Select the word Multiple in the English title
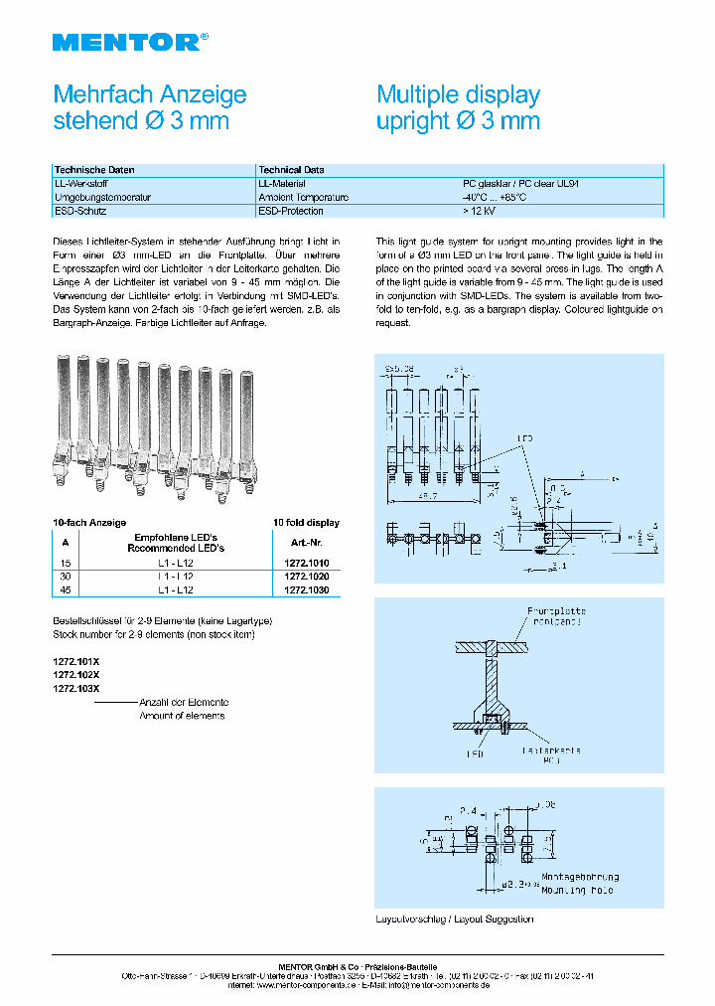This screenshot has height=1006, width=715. [416, 95]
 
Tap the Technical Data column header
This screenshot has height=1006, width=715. [291, 170]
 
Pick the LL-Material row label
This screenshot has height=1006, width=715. [282, 184]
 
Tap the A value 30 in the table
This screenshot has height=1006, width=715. [65, 577]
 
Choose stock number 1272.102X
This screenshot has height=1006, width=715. [75, 674]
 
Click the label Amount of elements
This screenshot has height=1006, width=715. [182, 715]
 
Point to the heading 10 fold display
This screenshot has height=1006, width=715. [306, 522]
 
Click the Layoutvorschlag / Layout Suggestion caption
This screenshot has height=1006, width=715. [455, 919]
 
